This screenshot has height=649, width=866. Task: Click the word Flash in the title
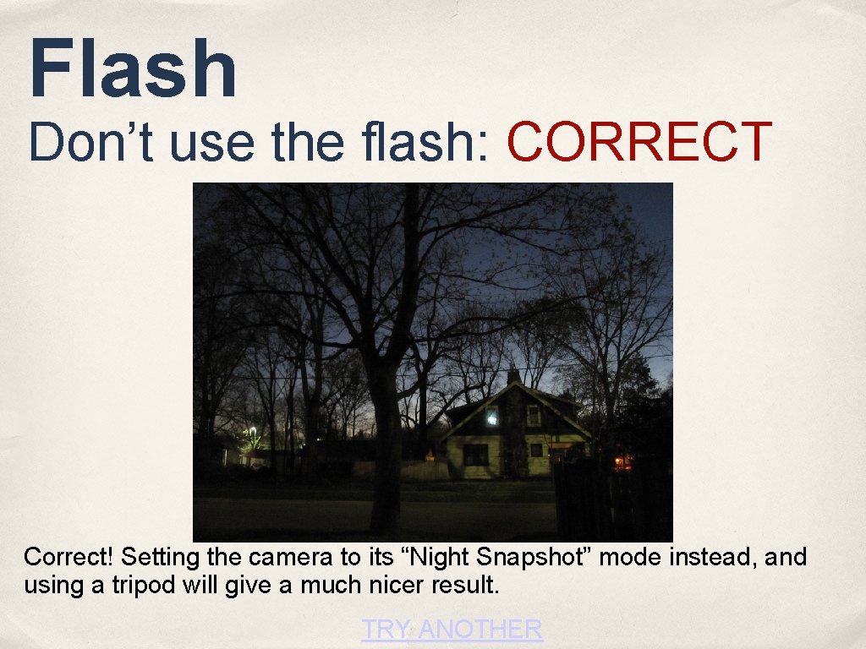click(133, 69)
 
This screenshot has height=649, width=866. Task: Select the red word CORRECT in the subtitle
click(639, 141)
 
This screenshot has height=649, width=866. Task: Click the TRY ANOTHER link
click(452, 629)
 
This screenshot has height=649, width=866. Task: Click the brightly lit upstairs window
click(491, 416)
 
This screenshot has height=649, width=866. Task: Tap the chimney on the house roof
click(512, 374)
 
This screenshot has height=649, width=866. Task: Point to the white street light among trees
click(252, 432)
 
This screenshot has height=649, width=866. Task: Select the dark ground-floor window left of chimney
click(475, 454)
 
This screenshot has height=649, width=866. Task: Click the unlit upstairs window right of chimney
click(534, 414)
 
